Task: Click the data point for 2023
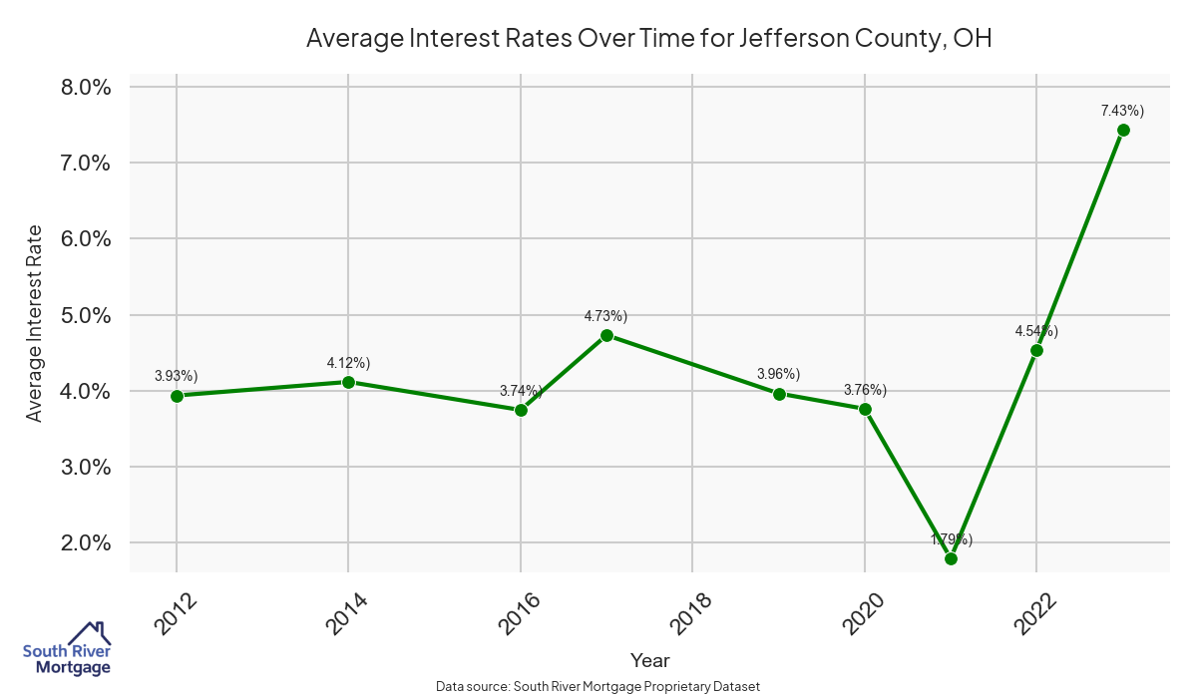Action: [x=1123, y=130]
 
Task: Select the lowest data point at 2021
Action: [x=951, y=558]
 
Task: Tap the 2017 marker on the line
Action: [x=606, y=335]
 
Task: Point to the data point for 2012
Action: [x=177, y=396]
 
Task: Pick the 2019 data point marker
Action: [x=779, y=394]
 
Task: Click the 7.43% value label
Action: [x=1122, y=111]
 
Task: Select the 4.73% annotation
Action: [x=605, y=316]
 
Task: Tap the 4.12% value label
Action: [x=348, y=363]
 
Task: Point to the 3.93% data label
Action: [x=177, y=376]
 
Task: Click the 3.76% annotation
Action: [x=865, y=390]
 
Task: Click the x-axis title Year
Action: [x=650, y=660]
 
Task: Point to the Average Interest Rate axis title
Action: [x=35, y=323]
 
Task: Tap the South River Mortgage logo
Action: [x=67, y=649]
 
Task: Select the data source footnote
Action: [x=598, y=686]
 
